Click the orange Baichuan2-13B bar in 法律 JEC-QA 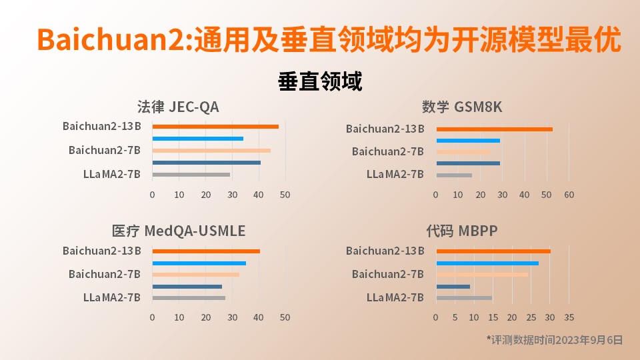(215, 127)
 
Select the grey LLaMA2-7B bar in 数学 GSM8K (454, 175)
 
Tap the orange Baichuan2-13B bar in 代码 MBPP (493, 251)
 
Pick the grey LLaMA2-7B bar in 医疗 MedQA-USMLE (189, 298)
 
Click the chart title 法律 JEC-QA (178, 107)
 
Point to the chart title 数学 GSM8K (462, 107)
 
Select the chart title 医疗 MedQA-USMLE (179, 231)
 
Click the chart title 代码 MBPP (462, 231)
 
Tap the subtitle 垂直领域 (320, 81)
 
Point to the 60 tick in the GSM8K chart (569, 195)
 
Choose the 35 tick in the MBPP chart (569, 317)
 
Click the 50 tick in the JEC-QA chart (285, 195)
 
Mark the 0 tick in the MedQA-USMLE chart (152, 317)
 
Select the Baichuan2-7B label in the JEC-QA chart (105, 151)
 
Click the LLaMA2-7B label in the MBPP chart (395, 298)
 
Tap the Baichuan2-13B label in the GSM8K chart (385, 129)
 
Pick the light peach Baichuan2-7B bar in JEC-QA (211, 151)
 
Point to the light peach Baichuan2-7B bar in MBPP (482, 275)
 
